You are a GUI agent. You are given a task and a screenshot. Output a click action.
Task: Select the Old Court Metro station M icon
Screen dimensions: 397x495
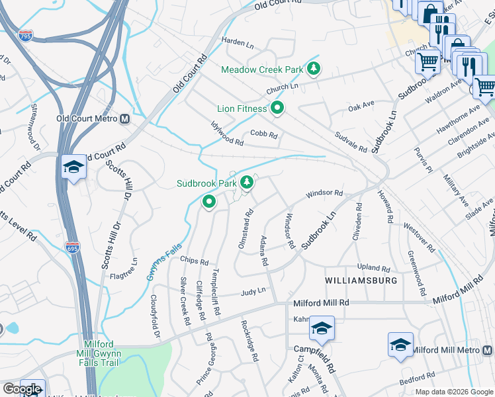[x=124, y=119]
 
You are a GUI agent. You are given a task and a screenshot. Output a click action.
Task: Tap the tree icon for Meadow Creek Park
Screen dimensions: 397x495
[x=314, y=68]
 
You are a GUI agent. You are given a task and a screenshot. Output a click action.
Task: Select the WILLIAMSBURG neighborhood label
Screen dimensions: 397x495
[x=361, y=281]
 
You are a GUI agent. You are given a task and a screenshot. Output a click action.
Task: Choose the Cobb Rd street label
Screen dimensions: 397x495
[x=263, y=134]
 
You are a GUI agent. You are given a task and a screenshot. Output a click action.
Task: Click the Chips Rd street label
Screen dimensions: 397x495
[x=195, y=261]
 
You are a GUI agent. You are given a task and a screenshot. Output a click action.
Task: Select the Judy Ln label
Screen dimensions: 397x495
[x=253, y=290]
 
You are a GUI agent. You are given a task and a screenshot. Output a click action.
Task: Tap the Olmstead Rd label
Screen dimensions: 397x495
[x=246, y=229]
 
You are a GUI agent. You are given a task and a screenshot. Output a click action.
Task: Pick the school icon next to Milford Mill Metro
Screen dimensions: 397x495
[x=400, y=345]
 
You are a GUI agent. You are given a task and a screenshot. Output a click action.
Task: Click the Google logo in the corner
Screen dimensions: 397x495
[x=22, y=388]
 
